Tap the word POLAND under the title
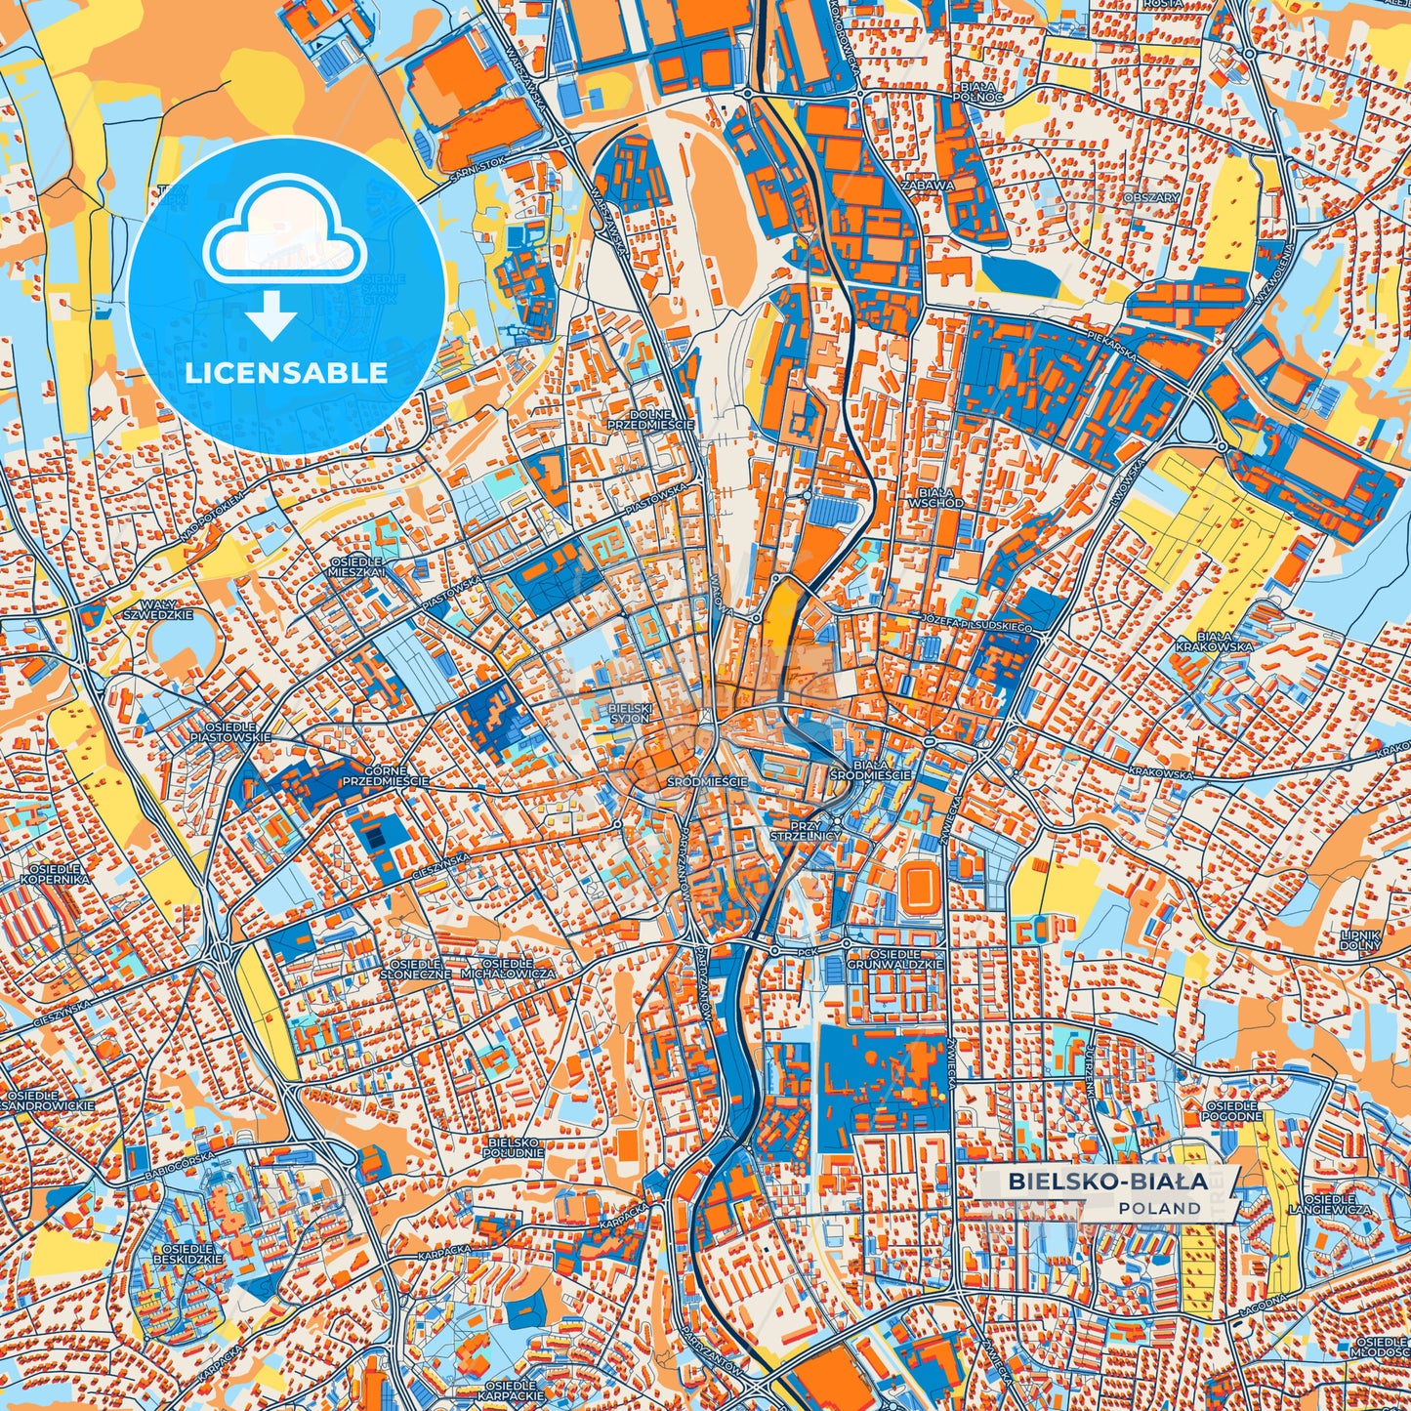tap(1160, 1208)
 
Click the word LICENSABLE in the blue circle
tap(287, 373)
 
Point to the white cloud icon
tap(284, 232)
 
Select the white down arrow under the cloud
tap(271, 317)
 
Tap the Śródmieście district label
tap(707, 782)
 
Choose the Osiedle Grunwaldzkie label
tap(894, 958)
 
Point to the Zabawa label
tap(928, 184)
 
